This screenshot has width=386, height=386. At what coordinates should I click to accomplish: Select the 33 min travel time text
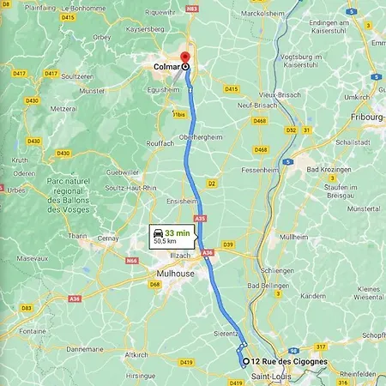click(x=178, y=232)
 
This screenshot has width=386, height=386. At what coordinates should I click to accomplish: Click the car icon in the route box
click(x=158, y=232)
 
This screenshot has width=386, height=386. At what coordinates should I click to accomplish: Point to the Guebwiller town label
click(x=122, y=172)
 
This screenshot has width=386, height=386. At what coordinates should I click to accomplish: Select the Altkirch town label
click(x=136, y=354)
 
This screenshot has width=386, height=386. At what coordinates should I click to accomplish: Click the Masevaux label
click(x=33, y=257)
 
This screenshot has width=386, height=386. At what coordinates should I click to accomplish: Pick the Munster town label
click(x=92, y=89)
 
